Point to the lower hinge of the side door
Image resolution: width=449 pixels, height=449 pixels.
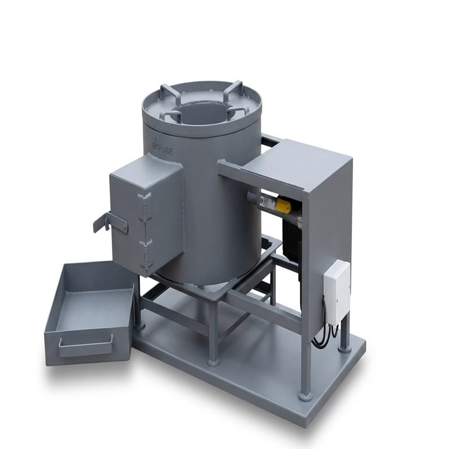pos(145,255)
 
